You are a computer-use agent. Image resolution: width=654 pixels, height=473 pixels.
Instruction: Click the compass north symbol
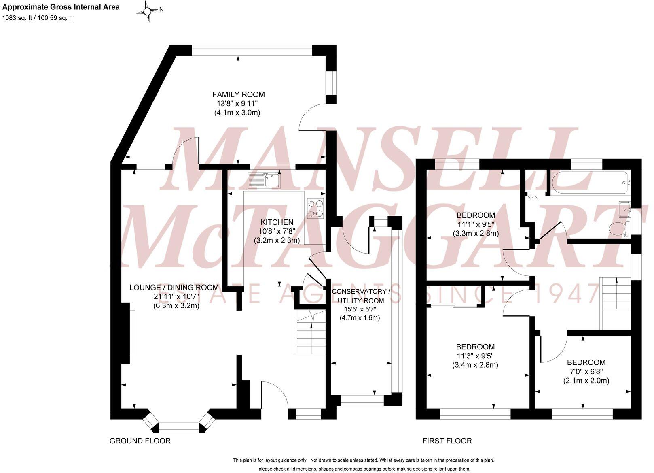[148, 11]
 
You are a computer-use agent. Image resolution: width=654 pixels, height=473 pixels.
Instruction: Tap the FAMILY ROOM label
[239, 94]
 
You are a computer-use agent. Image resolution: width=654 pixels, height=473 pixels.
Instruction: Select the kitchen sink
[264, 181]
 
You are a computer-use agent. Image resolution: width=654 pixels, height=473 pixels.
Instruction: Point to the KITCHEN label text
[277, 222]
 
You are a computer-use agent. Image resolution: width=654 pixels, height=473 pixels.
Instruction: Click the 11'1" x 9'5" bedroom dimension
[476, 224]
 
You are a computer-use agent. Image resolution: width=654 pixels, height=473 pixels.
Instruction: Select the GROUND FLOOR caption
[140, 441]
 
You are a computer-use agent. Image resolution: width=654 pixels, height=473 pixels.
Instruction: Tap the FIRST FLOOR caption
[447, 441]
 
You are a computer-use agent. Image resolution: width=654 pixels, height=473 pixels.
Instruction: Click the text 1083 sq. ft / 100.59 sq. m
[38, 18]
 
